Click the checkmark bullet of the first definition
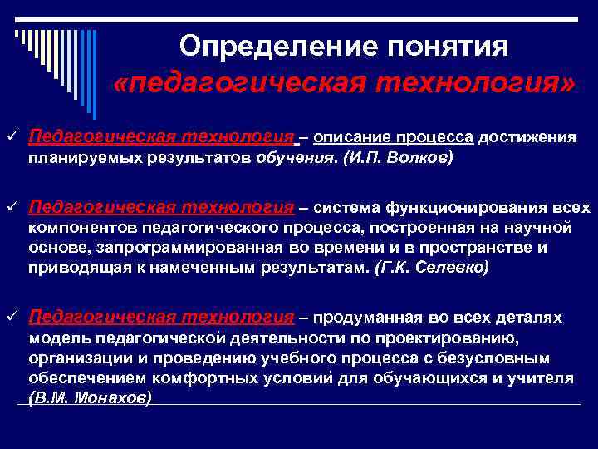pyautogui.click(x=11, y=136)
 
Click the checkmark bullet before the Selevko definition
pyautogui.click(x=11, y=206)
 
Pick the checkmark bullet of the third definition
pyautogui.click(x=11, y=317)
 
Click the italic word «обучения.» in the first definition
pyautogui.click(x=298, y=156)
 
